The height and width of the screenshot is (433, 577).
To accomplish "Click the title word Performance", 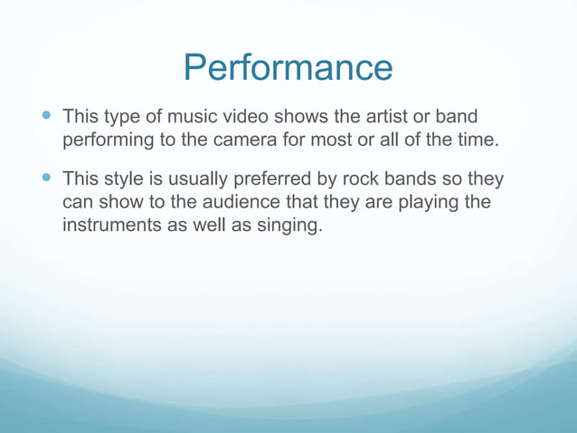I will click(288, 68).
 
